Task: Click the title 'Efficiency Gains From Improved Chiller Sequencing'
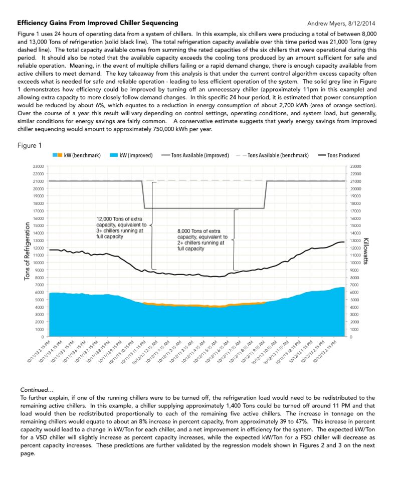[97, 23]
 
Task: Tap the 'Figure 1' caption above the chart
[30, 145]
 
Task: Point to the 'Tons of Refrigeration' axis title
[28, 251]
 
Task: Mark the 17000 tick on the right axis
[355, 211]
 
